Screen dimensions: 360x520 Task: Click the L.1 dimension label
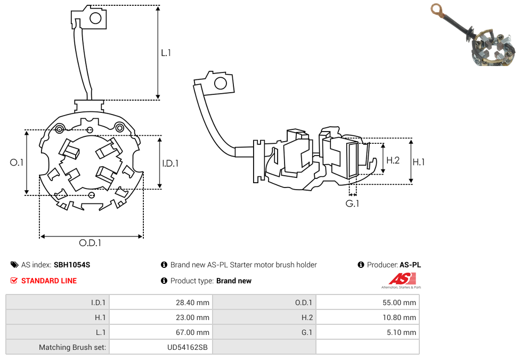click(166, 53)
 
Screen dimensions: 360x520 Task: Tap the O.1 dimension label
click(17, 162)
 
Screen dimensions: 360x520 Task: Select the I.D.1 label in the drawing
click(170, 163)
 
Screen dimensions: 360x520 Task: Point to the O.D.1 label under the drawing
click(90, 243)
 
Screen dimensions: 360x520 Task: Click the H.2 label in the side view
click(393, 160)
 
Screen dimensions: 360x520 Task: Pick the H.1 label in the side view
click(419, 162)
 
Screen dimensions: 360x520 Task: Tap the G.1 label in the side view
click(352, 204)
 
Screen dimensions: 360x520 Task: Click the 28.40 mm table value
click(193, 302)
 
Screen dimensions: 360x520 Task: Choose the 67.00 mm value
click(193, 332)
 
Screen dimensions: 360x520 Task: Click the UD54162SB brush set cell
click(188, 347)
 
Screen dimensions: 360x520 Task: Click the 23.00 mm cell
click(193, 317)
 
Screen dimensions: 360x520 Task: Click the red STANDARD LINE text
click(49, 281)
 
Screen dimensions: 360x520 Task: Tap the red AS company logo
click(403, 279)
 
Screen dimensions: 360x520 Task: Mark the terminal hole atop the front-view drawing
click(96, 19)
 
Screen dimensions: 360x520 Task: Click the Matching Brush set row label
click(72, 347)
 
